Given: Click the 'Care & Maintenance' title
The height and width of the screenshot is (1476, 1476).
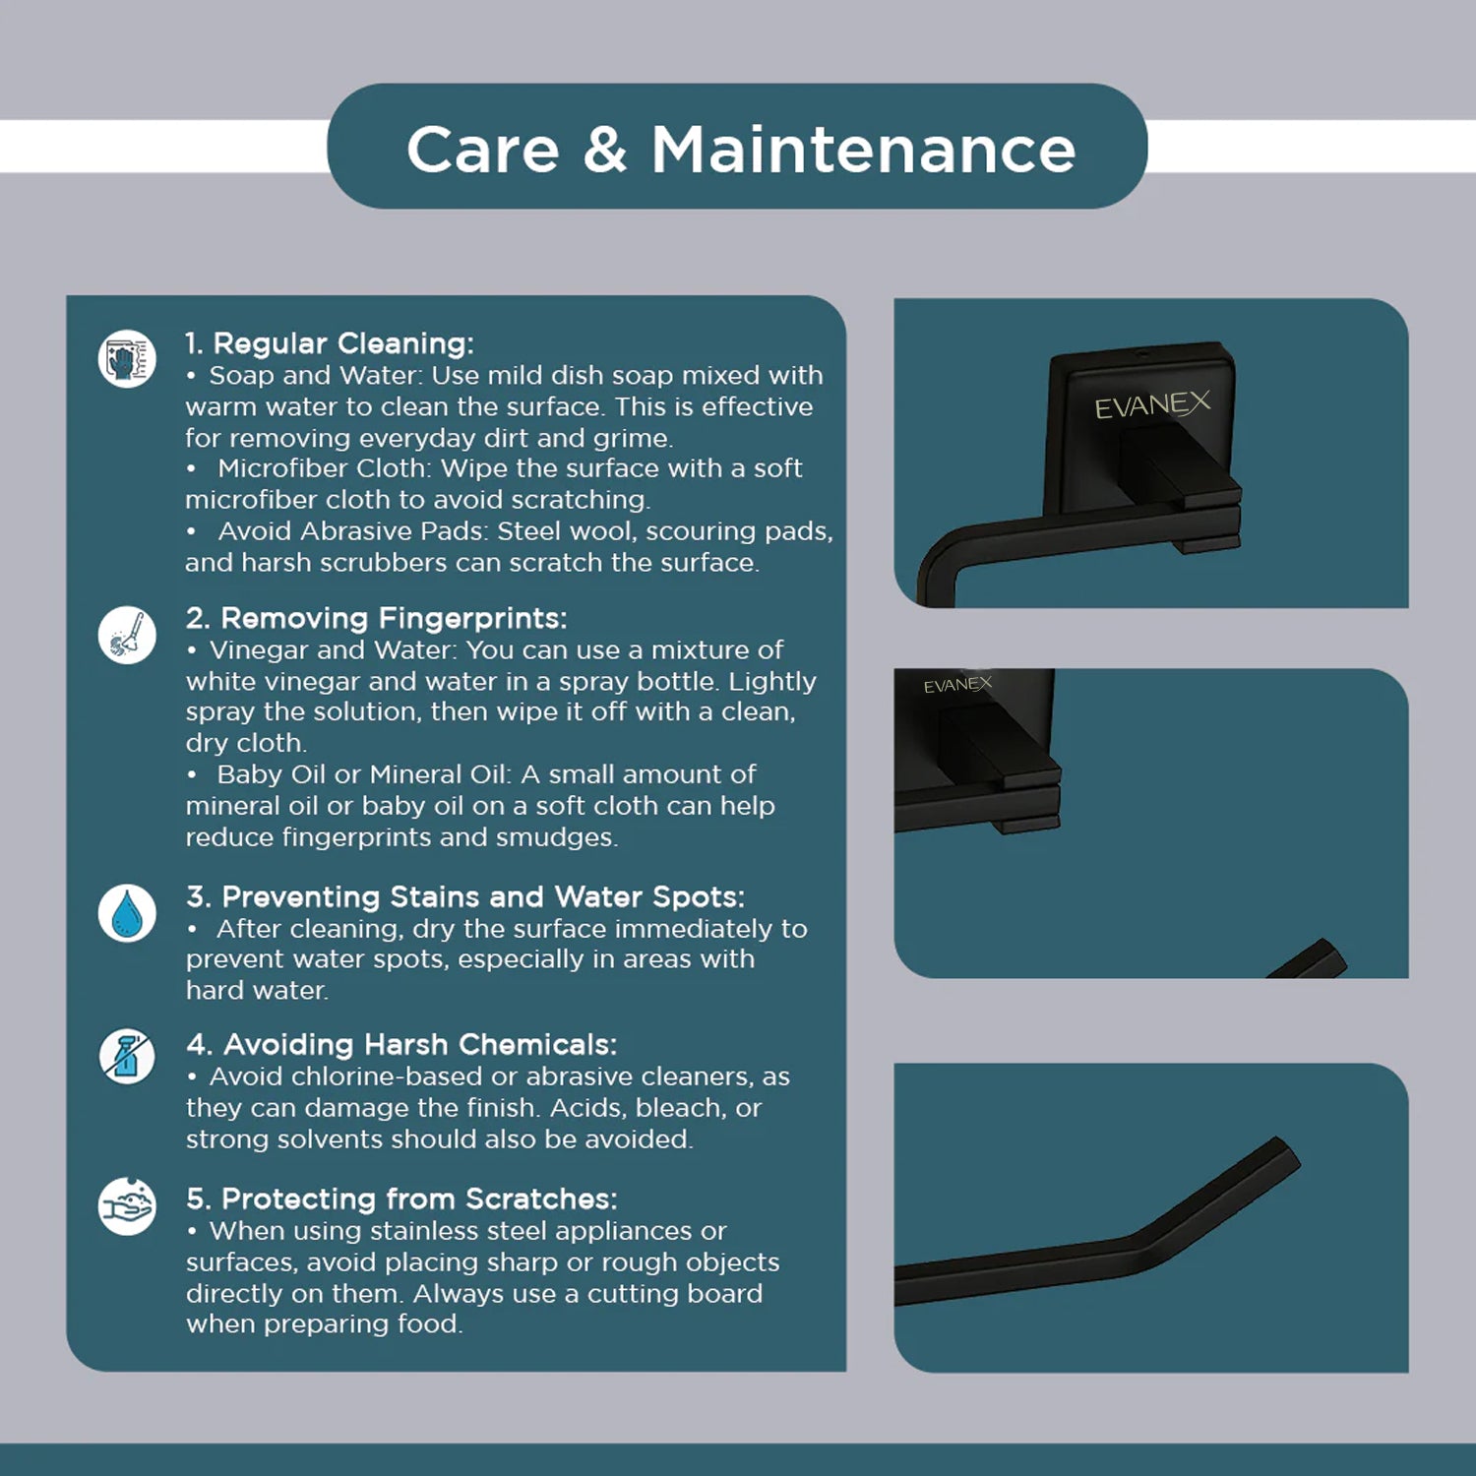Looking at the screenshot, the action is pyautogui.click(x=741, y=150).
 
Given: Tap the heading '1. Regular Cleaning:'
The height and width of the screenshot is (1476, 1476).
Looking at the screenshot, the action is pyautogui.click(x=330, y=343).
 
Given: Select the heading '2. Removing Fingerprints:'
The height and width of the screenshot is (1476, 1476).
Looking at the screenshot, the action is pyautogui.click(x=377, y=618).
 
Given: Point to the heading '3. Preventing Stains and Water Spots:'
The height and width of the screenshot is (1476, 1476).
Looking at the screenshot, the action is pyautogui.click(x=465, y=896).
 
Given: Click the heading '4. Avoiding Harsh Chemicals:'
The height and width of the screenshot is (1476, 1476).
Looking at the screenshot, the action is pyautogui.click(x=401, y=1044).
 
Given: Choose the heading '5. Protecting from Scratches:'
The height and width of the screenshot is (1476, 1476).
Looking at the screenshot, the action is pyautogui.click(x=401, y=1199).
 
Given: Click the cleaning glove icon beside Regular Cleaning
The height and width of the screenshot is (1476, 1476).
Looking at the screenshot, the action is pyautogui.click(x=127, y=358).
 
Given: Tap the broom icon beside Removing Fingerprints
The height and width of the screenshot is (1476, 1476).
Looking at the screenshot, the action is pyautogui.click(x=127, y=635).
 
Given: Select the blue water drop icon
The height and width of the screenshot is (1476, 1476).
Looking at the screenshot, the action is pyautogui.click(x=127, y=913).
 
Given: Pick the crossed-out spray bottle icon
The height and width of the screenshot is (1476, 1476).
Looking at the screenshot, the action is pyautogui.click(x=127, y=1057).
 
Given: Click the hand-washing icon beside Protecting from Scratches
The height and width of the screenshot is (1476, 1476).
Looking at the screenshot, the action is pyautogui.click(x=127, y=1206).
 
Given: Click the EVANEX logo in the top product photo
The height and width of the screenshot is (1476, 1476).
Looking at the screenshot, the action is pyautogui.click(x=1152, y=403).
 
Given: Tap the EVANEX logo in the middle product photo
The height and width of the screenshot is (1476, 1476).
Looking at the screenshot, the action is pyautogui.click(x=957, y=684).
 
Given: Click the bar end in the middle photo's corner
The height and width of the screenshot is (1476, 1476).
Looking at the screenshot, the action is pyautogui.click(x=1319, y=959).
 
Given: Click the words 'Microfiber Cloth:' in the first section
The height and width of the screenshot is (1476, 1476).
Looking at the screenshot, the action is pyautogui.click(x=325, y=468).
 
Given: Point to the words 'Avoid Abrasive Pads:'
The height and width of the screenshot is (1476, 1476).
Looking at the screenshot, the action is pyautogui.click(x=353, y=531).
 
